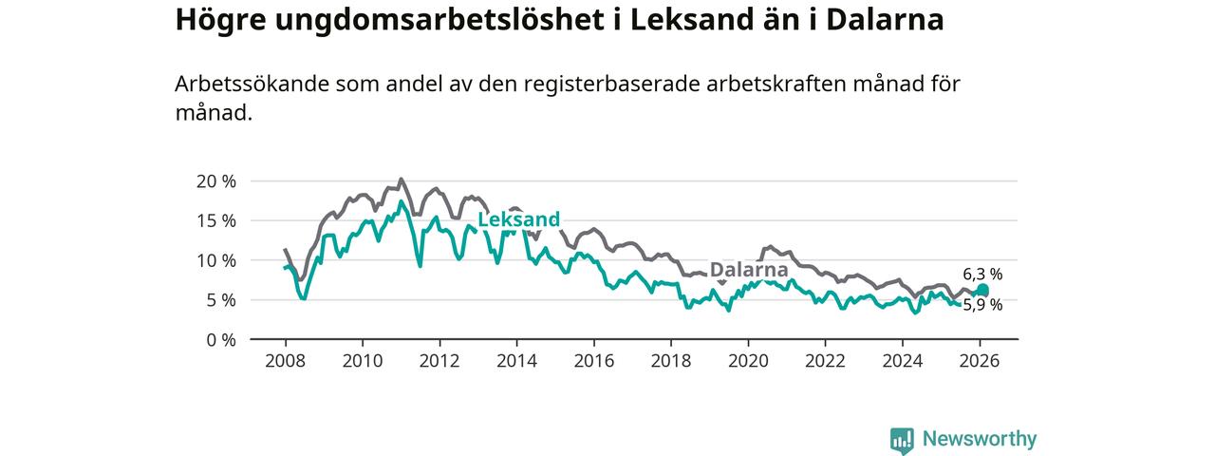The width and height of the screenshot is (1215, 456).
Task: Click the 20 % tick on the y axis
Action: [215, 181]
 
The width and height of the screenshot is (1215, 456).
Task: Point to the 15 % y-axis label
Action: [215, 220]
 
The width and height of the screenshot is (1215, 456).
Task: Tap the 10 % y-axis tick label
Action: [215, 260]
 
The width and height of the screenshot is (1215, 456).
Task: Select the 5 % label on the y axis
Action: [220, 300]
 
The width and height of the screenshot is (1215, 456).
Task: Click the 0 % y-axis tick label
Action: [220, 339]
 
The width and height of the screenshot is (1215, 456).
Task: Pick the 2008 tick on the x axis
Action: [284, 361]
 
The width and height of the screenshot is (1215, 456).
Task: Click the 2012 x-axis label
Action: [439, 361]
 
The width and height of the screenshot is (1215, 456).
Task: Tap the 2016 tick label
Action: [593, 361]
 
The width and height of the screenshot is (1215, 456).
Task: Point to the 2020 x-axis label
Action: [748, 361]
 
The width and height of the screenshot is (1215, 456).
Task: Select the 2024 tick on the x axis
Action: [903, 361]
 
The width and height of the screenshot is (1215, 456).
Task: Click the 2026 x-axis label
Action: [980, 361]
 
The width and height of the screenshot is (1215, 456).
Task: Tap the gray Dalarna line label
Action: [749, 270]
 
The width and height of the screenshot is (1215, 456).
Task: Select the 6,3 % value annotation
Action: [982, 275]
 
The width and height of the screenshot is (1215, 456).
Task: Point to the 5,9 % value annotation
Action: [982, 306]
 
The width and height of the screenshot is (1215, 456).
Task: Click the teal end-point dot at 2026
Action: [982, 291]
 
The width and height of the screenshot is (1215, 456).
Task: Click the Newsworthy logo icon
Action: [902, 439]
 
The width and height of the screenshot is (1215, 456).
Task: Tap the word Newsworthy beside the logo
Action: [980, 439]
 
